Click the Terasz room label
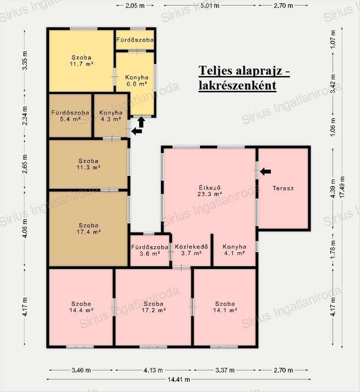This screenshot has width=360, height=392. (283, 188)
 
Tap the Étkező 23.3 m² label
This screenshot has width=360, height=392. (210, 190)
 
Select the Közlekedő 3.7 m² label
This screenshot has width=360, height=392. (191, 250)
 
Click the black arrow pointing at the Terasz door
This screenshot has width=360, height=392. (265, 172)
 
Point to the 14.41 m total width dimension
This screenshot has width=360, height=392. (178, 379)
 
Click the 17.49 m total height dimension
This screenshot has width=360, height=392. (342, 187)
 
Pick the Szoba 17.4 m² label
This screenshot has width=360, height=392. (89, 229)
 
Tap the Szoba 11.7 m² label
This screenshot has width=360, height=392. (82, 60)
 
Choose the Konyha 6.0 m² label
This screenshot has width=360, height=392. (136, 80)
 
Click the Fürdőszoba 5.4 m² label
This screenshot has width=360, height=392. (70, 116)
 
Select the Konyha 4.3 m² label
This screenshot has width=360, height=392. (111, 116)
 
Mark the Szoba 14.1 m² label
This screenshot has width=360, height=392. (225, 307)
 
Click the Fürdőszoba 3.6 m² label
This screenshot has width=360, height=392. (149, 250)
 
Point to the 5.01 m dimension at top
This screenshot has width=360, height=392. (210, 5)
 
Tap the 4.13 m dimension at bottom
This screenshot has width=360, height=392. (153, 370)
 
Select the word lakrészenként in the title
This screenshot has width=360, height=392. (237, 85)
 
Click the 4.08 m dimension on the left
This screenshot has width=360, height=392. (25, 228)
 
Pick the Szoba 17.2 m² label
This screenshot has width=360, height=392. (154, 307)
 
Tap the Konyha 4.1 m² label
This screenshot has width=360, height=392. (234, 250)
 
